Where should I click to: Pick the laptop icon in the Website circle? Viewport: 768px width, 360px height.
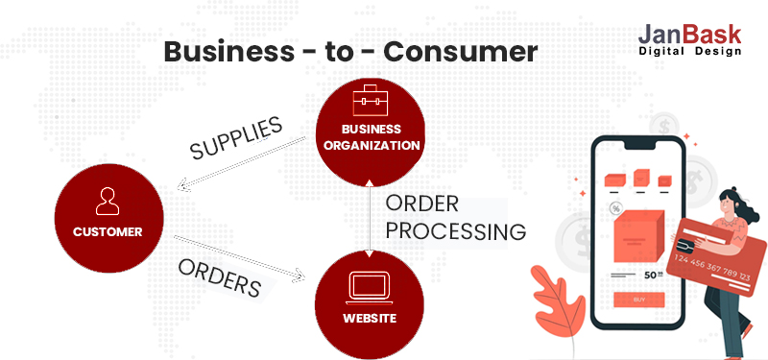tap(370, 286)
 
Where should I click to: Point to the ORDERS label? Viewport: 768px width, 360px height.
tap(220, 276)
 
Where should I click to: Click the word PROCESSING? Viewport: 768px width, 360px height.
tap(456, 231)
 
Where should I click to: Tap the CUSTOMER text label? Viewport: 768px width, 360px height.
tap(108, 231)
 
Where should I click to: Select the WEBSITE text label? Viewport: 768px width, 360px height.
tap(370, 318)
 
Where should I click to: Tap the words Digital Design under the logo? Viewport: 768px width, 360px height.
tap(689, 51)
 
